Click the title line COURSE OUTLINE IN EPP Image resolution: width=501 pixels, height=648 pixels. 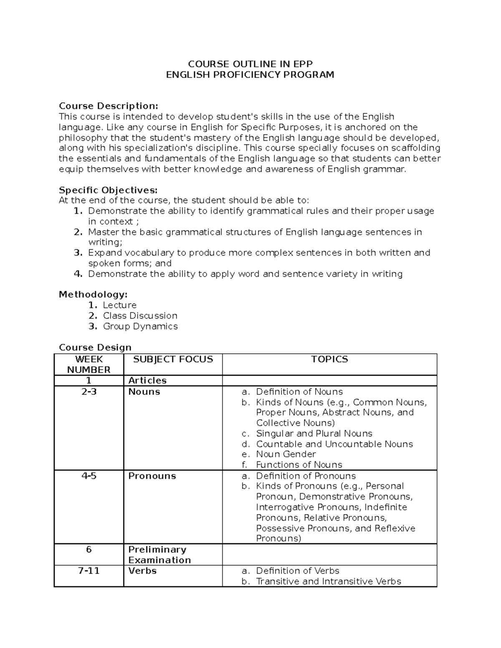(250, 64)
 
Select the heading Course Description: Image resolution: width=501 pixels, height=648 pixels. (109, 106)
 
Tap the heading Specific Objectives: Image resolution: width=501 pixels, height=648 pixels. (108, 190)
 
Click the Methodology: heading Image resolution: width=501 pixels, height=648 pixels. (93, 295)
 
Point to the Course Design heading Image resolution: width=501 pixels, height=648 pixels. (95, 347)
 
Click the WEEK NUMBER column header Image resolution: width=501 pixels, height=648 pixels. (89, 364)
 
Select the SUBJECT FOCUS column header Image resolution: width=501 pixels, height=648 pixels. (173, 359)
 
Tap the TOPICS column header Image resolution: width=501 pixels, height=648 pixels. (329, 359)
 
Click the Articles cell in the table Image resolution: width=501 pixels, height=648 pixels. (147, 381)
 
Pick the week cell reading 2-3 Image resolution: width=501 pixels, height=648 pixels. (89, 392)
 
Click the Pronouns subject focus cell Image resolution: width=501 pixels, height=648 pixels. (152, 476)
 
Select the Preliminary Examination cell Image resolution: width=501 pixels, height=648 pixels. (159, 555)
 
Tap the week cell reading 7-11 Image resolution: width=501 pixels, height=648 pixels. (89, 571)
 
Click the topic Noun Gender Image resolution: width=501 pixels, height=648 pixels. (286, 454)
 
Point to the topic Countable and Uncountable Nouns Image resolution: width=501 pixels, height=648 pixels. (334, 444)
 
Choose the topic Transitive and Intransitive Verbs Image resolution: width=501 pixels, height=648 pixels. (328, 581)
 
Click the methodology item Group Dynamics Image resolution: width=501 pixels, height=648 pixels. (140, 326)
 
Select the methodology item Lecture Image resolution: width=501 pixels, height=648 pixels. (120, 305)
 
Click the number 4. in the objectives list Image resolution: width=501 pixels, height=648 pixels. (78, 274)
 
